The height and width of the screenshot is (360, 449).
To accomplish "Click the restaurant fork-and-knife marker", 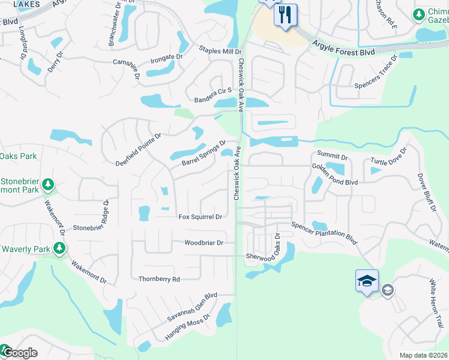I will (285, 14).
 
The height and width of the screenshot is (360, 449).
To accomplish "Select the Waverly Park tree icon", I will (59, 248).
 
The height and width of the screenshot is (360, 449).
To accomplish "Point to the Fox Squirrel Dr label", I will (200, 217).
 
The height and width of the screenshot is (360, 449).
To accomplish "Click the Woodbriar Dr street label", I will (203, 243).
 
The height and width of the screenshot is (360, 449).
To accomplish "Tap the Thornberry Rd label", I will (159, 279).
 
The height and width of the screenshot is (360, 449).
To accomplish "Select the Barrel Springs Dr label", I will (203, 154).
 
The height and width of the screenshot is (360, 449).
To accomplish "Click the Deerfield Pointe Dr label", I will (139, 149).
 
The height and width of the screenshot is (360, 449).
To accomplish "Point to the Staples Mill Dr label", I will (220, 52).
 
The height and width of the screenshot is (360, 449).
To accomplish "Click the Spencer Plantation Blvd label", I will (324, 233).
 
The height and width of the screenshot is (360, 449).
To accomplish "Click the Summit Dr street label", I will (333, 155).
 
